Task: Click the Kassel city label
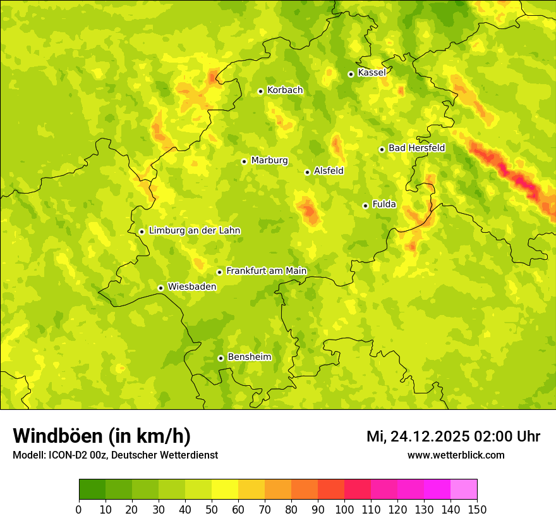[x=372, y=73]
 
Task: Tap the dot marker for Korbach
[x=260, y=91]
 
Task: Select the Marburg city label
[x=269, y=161]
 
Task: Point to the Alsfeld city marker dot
[x=307, y=172]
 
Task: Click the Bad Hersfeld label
[x=416, y=148]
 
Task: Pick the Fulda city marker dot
[x=365, y=206]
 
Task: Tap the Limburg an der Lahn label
[x=194, y=231]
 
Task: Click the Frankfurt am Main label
[x=266, y=271]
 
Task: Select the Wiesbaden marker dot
[x=160, y=288]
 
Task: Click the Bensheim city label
[x=249, y=357]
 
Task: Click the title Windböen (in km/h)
[x=102, y=436]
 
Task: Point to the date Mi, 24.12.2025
[x=418, y=436]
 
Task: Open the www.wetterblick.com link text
[x=456, y=455]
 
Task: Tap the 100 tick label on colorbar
[x=344, y=509]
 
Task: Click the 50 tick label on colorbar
[x=212, y=509]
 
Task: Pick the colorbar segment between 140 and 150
[x=464, y=490]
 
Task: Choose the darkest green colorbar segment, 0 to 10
[x=92, y=490]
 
